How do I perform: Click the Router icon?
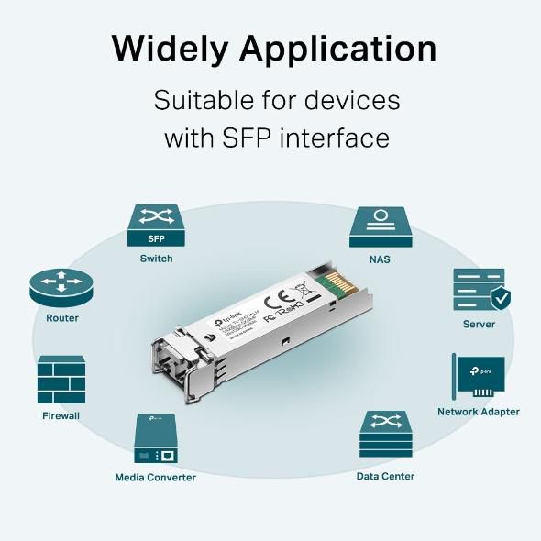pos(62,287)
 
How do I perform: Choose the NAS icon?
pos(380,226)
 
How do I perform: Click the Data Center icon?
pos(385,435)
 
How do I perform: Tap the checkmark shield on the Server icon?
pos(501,298)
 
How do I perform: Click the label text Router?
pos(62,318)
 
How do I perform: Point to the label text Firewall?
pos(61,415)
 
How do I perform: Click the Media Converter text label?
pos(155,477)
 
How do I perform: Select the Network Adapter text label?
pos(478,412)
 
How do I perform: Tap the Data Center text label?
pos(385,476)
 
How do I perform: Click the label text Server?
pos(479,324)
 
